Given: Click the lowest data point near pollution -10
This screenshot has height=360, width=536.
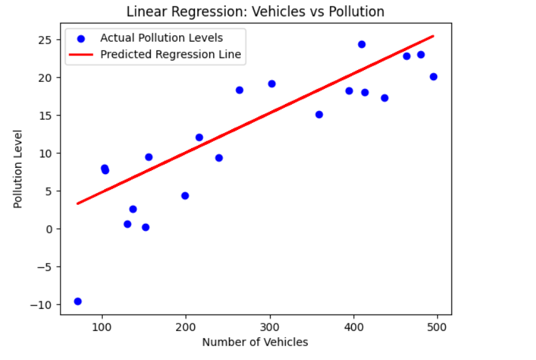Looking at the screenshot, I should pos(78,301).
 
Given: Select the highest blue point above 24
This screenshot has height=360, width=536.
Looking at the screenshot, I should pos(362,44).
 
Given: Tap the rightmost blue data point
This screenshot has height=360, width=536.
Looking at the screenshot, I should pos(433,77).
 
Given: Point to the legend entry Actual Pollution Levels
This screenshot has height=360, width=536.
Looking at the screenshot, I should pos(161,38).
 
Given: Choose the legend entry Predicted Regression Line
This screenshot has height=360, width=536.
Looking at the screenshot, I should pos(170,55).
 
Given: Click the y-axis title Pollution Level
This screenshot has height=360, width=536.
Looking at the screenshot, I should pos(18,169).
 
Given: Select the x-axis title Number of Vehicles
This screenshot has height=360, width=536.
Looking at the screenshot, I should pos(255,342).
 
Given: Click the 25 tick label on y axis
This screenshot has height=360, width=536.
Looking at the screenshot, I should pos(47,40).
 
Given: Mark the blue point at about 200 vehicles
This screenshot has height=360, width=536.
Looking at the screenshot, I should pos(185,196).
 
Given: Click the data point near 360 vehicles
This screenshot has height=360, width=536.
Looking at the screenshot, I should pos(319,115).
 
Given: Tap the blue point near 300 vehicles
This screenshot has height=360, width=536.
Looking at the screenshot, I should pos(272,84).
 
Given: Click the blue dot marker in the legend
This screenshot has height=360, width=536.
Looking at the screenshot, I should pos(81,38).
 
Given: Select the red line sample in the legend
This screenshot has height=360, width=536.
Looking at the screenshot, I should pos(81,55).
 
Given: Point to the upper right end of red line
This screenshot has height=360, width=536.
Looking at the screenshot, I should pos(433,36).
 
